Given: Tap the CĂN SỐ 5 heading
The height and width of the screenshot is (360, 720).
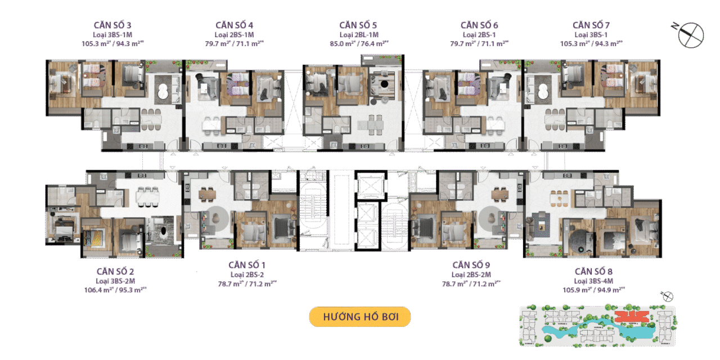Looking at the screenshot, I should (358, 25).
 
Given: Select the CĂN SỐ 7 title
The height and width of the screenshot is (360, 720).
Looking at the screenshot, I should (591, 25).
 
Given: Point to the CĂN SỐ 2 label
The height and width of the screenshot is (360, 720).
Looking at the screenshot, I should (115, 271).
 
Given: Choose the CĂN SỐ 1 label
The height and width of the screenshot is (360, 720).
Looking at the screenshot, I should (247, 264).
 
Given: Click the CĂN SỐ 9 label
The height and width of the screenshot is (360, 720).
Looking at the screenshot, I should (471, 264).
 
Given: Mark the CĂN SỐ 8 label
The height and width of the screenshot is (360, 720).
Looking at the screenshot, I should (593, 271).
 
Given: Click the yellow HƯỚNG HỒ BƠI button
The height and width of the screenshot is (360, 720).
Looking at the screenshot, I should (360, 317).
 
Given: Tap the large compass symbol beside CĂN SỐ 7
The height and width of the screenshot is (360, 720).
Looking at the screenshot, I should (690, 34).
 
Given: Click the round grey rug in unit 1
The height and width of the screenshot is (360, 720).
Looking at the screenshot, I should (217, 215).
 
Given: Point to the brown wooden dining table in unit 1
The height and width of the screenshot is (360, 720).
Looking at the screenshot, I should (206, 193).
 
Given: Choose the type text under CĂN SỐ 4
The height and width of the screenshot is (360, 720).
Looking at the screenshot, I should (234, 35).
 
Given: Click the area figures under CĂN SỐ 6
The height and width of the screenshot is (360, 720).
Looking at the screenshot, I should (480, 43).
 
